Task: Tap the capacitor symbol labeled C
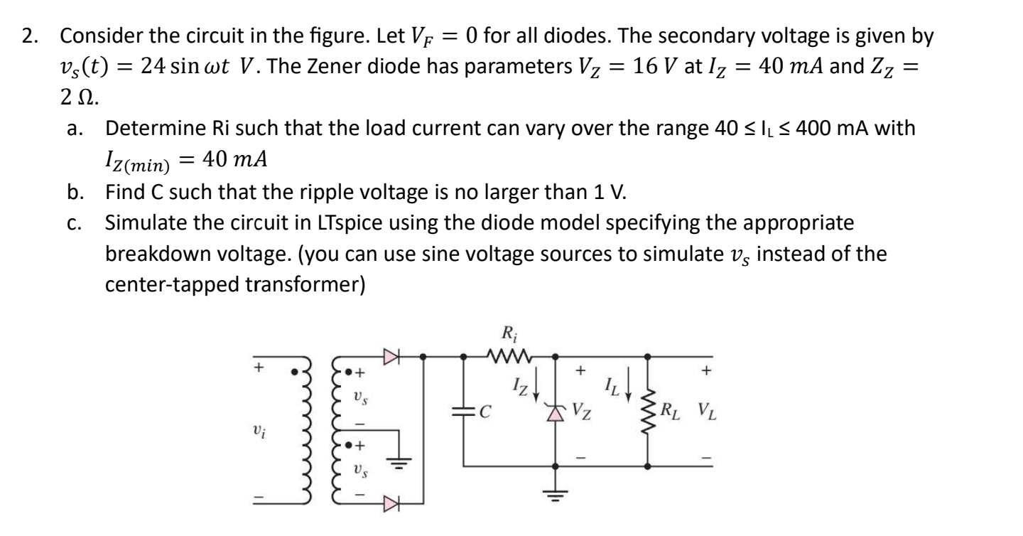click(x=463, y=411)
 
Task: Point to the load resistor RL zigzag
click(x=650, y=410)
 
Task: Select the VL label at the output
click(x=690, y=411)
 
